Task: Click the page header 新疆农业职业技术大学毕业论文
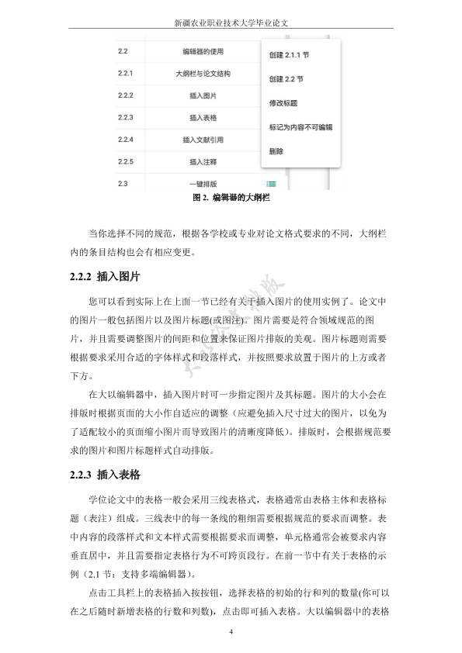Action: pos(231,22)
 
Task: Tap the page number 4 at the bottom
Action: pos(231,632)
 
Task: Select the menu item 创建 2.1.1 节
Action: pos(289,56)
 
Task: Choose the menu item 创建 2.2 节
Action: pos(286,79)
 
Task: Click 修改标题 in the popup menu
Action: pos(283,102)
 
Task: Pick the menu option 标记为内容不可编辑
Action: pos(300,126)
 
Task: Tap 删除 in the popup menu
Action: pos(276,150)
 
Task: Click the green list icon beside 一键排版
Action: pos(272,184)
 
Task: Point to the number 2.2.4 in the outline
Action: pos(126,140)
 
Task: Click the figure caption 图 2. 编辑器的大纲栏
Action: pos(231,198)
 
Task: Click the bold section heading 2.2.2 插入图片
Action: pos(106,275)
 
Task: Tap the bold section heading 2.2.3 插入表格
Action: pos(106,474)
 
